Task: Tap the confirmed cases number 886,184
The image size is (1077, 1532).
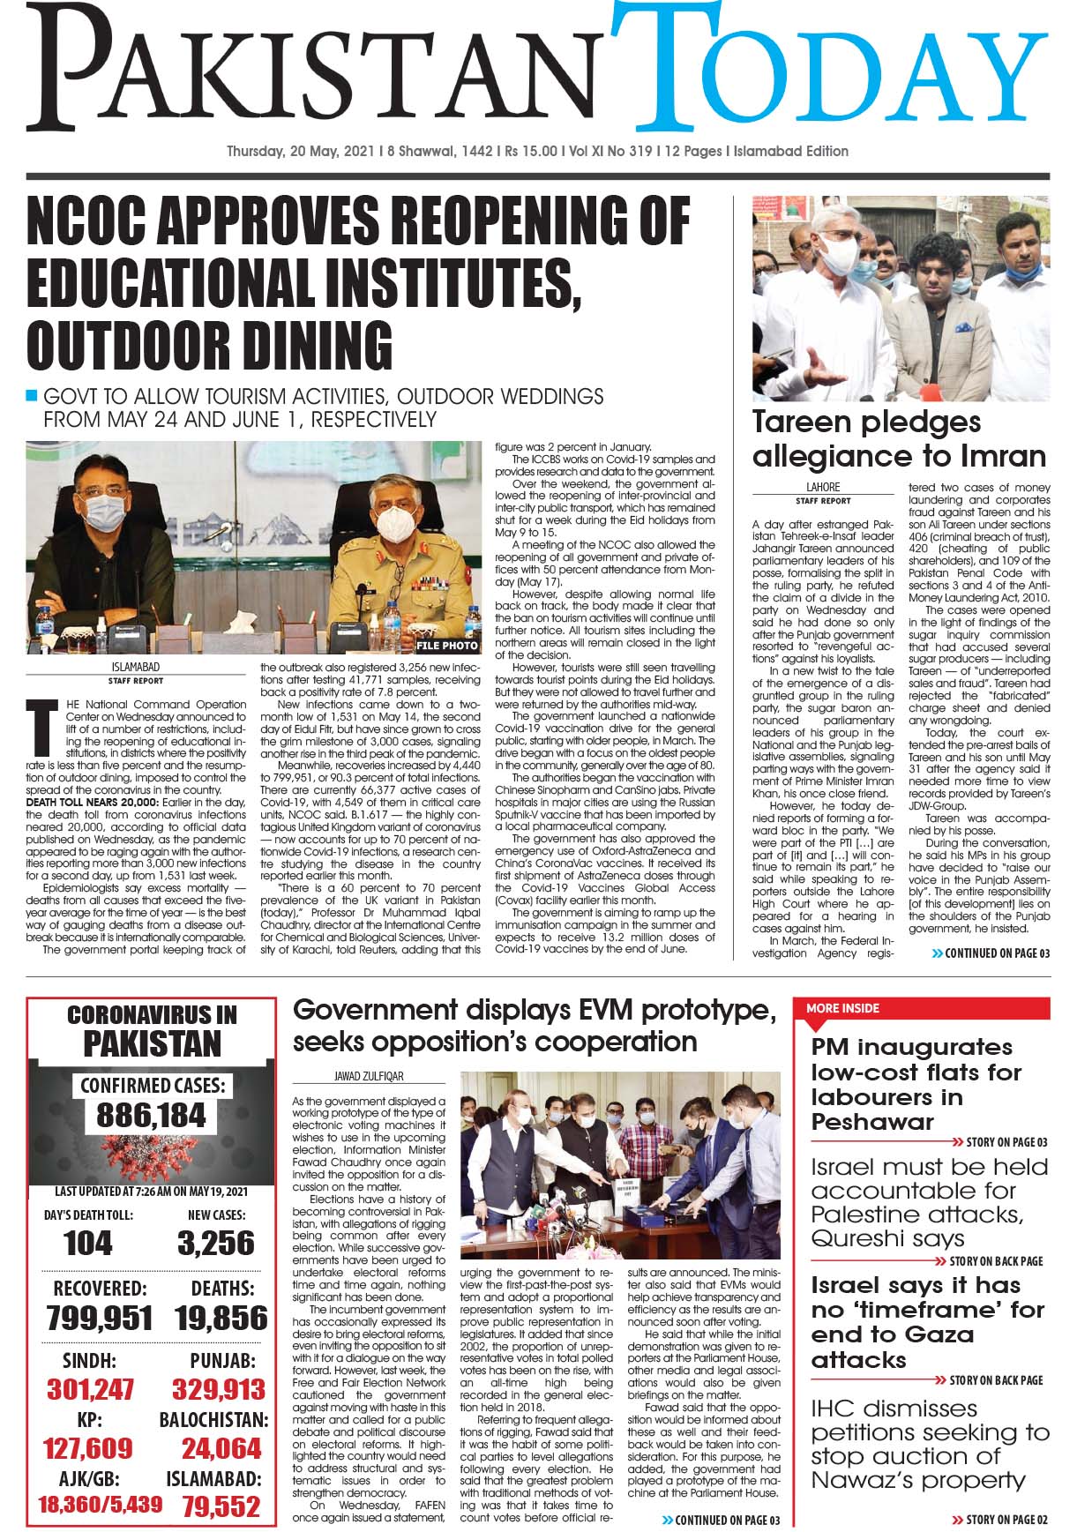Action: [x=152, y=1116]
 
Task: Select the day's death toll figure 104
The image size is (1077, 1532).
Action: [x=88, y=1244]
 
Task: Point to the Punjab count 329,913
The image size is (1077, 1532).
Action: [x=219, y=1390]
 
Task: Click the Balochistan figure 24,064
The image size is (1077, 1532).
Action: [x=221, y=1448]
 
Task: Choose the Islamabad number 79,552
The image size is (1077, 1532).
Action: [x=221, y=1506]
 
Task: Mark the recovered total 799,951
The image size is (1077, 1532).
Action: [x=100, y=1318]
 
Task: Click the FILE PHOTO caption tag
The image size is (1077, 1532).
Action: [x=448, y=646]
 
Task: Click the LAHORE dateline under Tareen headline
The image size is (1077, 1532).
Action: [x=823, y=487]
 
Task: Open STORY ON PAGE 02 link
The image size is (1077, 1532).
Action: [x=1000, y=1519]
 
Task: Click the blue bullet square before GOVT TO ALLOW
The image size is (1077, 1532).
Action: [x=33, y=394]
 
